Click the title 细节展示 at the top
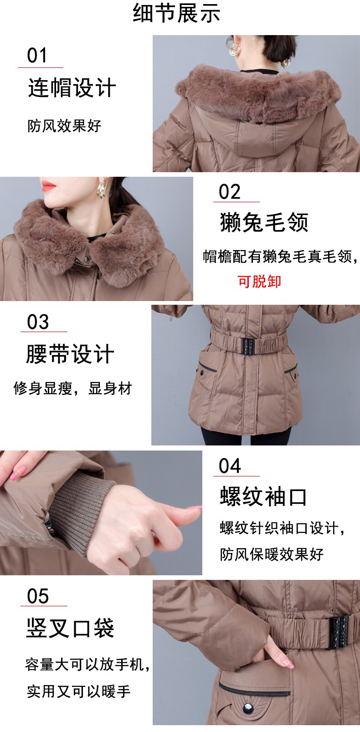click(176, 13)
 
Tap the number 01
click(37, 55)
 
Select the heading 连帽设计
click(72, 87)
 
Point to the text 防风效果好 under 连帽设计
click(64, 126)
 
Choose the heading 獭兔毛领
click(264, 222)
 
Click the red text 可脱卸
click(259, 282)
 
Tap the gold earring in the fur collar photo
click(101, 190)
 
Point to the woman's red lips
click(48, 186)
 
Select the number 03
click(38, 322)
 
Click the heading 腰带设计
click(70, 354)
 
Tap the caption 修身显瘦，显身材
click(72, 389)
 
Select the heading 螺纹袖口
click(263, 497)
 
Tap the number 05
click(38, 596)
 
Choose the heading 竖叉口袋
click(70, 628)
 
